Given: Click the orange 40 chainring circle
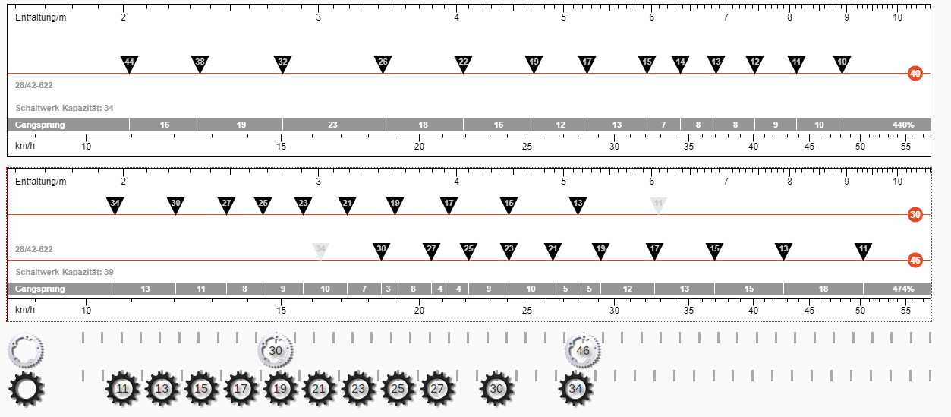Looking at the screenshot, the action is point(915,74).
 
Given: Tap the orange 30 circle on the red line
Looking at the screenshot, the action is point(915,215).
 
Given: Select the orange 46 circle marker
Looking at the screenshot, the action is point(915,260).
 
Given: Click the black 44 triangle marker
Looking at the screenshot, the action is point(130,65).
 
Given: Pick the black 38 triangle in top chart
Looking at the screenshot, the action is point(200,65).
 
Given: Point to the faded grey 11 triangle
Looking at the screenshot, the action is point(658,206).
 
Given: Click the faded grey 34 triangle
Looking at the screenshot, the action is point(320,251).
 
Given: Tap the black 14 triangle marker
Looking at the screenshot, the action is point(681,65).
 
